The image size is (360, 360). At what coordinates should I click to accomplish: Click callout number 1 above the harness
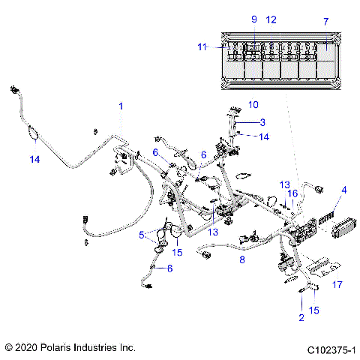(x=120, y=106)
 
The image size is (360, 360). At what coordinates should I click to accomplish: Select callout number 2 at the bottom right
(x=301, y=318)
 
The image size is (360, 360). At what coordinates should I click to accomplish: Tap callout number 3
(x=262, y=122)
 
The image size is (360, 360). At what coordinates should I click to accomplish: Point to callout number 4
(x=344, y=190)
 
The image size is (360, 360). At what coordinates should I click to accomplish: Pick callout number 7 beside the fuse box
(x=325, y=22)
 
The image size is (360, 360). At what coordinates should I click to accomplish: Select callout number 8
(x=242, y=259)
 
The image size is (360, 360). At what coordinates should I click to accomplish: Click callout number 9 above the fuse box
(x=253, y=19)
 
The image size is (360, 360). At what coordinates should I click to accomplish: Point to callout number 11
(x=201, y=46)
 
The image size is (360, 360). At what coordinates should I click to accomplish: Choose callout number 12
(x=271, y=19)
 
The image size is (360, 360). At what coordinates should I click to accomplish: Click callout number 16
(x=293, y=193)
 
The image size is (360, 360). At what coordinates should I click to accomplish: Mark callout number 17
(x=337, y=284)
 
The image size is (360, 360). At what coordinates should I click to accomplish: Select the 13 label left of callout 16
(x=284, y=184)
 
